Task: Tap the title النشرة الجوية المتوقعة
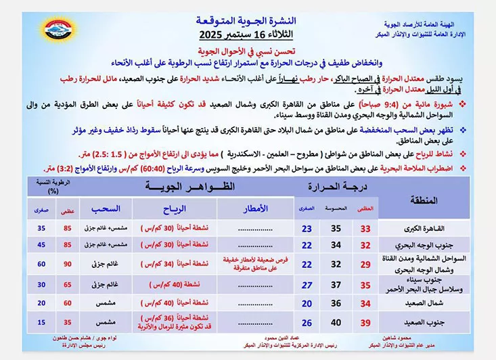(244, 20)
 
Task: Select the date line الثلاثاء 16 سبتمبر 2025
(244, 33)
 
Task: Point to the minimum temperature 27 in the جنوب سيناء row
(307, 285)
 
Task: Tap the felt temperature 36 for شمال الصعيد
(335, 304)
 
